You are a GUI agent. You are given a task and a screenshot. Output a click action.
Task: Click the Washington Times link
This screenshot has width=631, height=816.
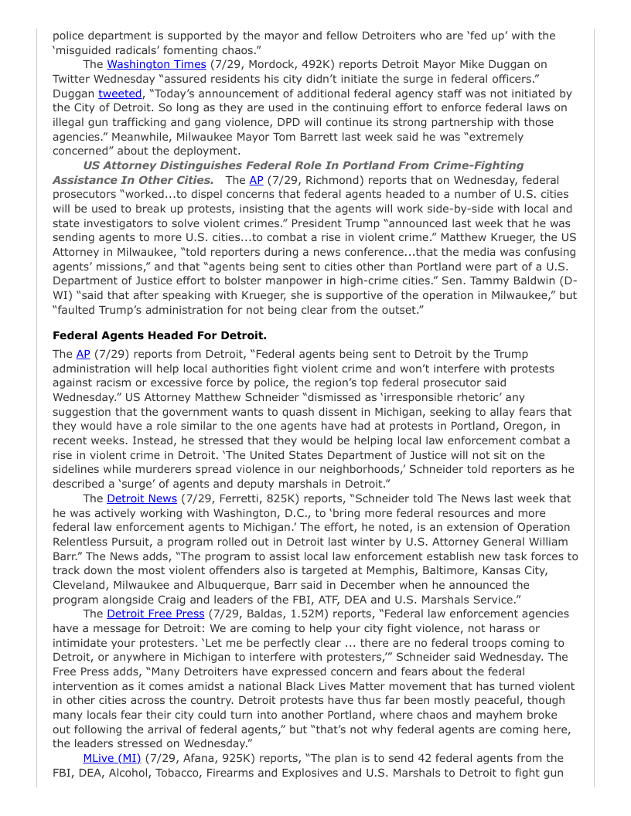coord(156,64)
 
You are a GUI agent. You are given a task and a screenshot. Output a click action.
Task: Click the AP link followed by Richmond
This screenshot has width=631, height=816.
coord(256,180)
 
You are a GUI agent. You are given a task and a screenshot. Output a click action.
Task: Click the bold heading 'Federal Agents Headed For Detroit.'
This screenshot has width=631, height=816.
coord(159,335)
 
